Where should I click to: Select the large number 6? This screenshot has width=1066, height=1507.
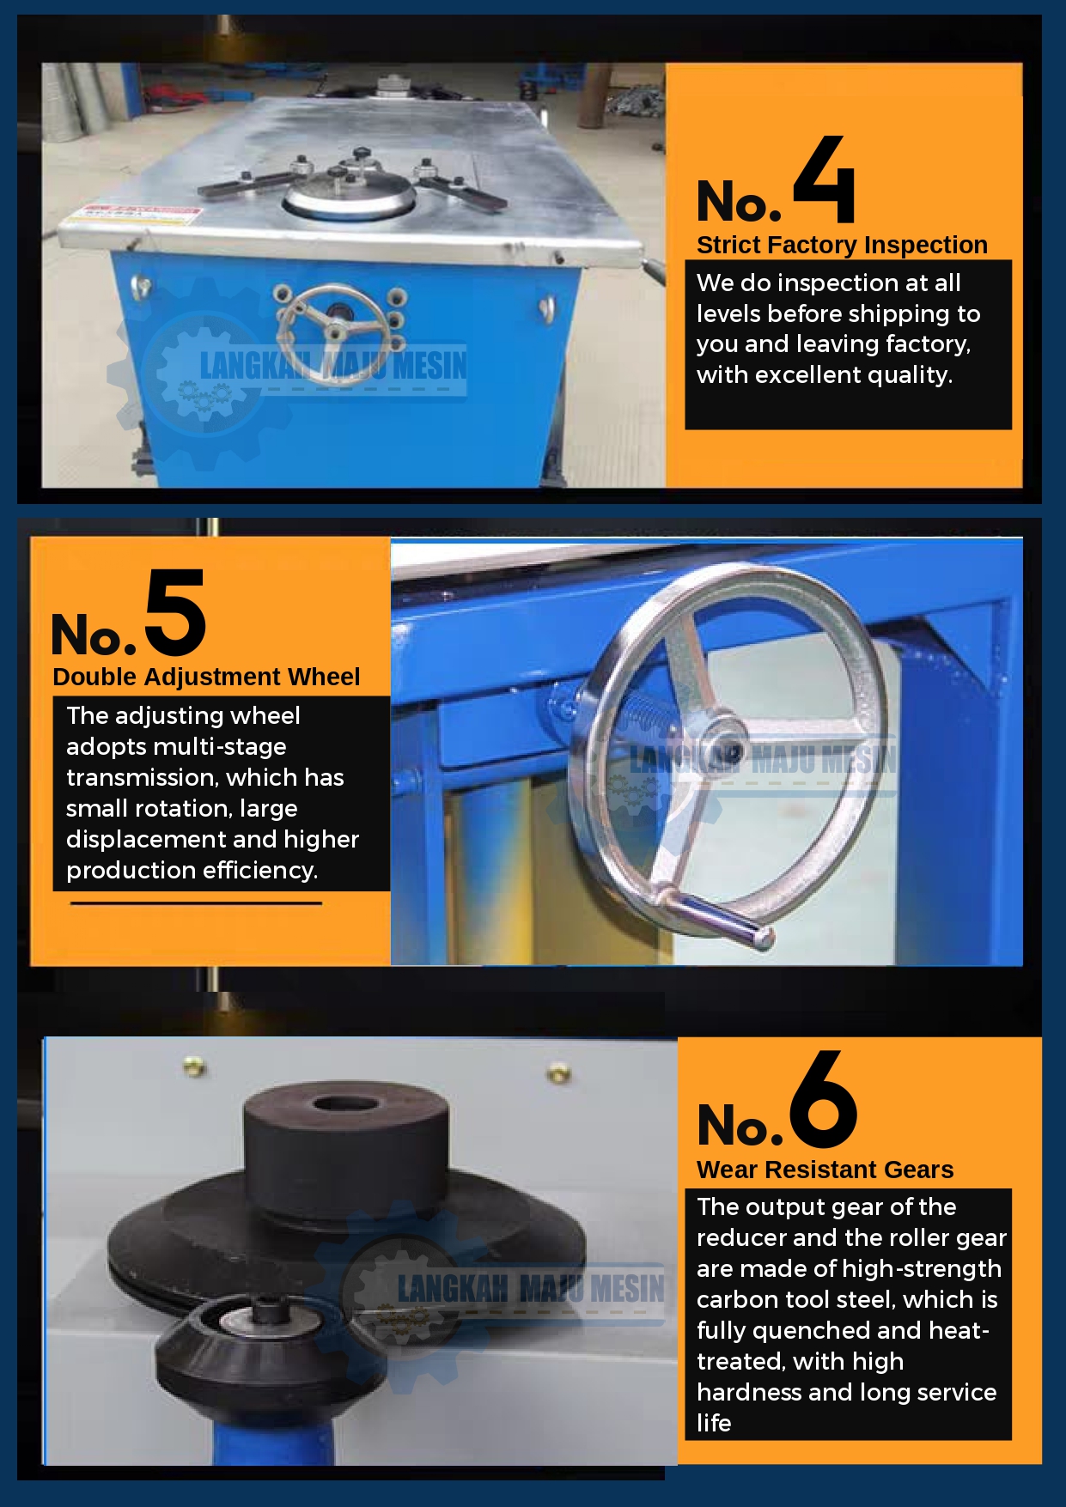tap(823, 1100)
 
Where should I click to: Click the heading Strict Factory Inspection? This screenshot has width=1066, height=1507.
tap(842, 245)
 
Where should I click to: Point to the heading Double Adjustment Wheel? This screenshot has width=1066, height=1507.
tap(206, 677)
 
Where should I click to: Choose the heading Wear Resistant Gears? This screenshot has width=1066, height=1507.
tap(825, 1170)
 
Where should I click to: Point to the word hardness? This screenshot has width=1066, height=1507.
tap(747, 1392)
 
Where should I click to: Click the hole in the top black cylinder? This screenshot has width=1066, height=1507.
tap(341, 1103)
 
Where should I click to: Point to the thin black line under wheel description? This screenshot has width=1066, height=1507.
tap(196, 903)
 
